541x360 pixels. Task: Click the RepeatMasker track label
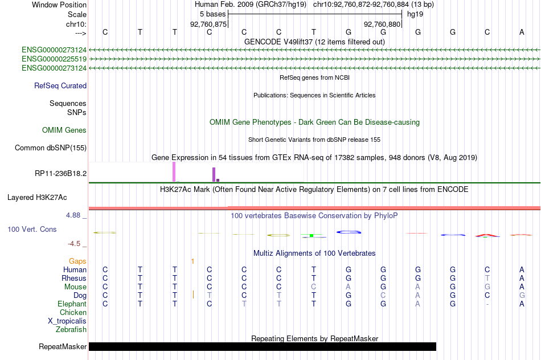(x=63, y=346)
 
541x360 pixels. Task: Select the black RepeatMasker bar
(x=263, y=346)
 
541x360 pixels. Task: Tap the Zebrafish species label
(x=71, y=330)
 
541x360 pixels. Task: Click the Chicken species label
(x=73, y=312)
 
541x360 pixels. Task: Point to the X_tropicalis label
(x=67, y=321)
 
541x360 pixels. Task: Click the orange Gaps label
(x=77, y=261)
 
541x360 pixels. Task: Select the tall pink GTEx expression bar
(x=174, y=172)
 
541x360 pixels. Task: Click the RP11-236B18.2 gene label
(x=61, y=173)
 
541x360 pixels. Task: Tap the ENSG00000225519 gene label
(x=54, y=59)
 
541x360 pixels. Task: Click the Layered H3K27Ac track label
(x=37, y=198)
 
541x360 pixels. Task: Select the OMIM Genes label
(x=64, y=130)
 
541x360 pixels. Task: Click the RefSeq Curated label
(x=60, y=85)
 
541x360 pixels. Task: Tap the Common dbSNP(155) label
(x=51, y=148)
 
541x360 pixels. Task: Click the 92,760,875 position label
(x=208, y=24)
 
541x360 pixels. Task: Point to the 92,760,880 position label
(x=382, y=24)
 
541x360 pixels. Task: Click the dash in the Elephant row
(x=487, y=304)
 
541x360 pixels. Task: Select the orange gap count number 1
(x=192, y=261)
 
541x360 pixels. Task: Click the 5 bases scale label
(x=212, y=14)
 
